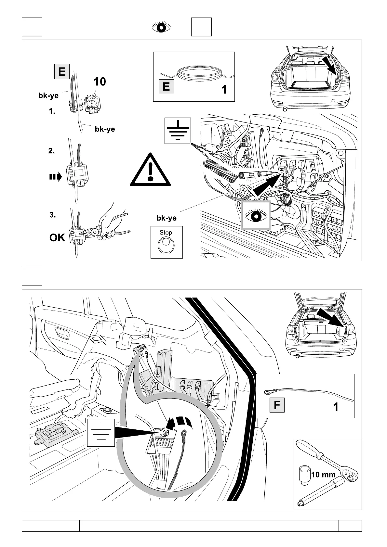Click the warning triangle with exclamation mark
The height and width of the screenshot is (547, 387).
click(x=150, y=170)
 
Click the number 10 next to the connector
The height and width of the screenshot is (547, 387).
click(x=100, y=82)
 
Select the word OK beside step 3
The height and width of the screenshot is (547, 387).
click(x=57, y=238)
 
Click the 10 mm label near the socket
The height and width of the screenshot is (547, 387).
click(x=323, y=475)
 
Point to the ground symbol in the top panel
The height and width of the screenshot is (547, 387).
click(x=178, y=131)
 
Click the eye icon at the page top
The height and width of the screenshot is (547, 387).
click(x=161, y=27)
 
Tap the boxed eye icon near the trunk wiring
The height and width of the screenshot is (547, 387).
click(x=256, y=215)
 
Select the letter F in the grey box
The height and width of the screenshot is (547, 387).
click(x=277, y=405)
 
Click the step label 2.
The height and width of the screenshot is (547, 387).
click(x=51, y=151)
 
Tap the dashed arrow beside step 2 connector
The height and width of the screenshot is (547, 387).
click(x=55, y=177)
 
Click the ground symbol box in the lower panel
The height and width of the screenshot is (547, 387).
click(x=101, y=432)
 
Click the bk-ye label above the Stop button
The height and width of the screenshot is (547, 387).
click(x=166, y=218)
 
